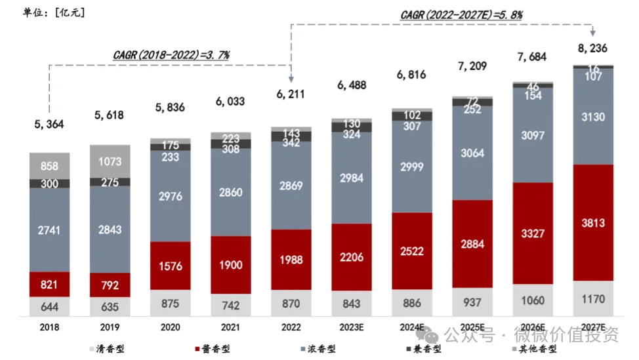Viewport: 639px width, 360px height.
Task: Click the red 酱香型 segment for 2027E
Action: (594, 223)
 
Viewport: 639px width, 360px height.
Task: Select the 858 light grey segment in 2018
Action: (50, 166)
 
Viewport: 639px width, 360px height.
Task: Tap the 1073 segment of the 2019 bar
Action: (110, 161)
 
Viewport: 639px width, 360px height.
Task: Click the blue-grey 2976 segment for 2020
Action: (170, 197)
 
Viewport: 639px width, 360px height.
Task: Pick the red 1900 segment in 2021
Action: (230, 265)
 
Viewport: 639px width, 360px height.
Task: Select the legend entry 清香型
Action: (106, 350)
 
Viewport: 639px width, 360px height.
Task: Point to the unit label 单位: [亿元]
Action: (45, 12)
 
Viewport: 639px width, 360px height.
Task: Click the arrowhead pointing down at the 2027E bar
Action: (593, 33)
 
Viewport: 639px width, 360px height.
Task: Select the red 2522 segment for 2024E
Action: (411, 250)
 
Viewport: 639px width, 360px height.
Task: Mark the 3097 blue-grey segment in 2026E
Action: (533, 135)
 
